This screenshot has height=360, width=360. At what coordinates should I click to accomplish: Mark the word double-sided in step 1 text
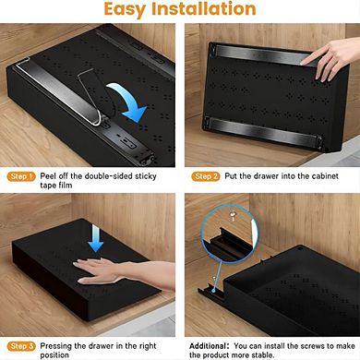(x=117, y=175)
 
